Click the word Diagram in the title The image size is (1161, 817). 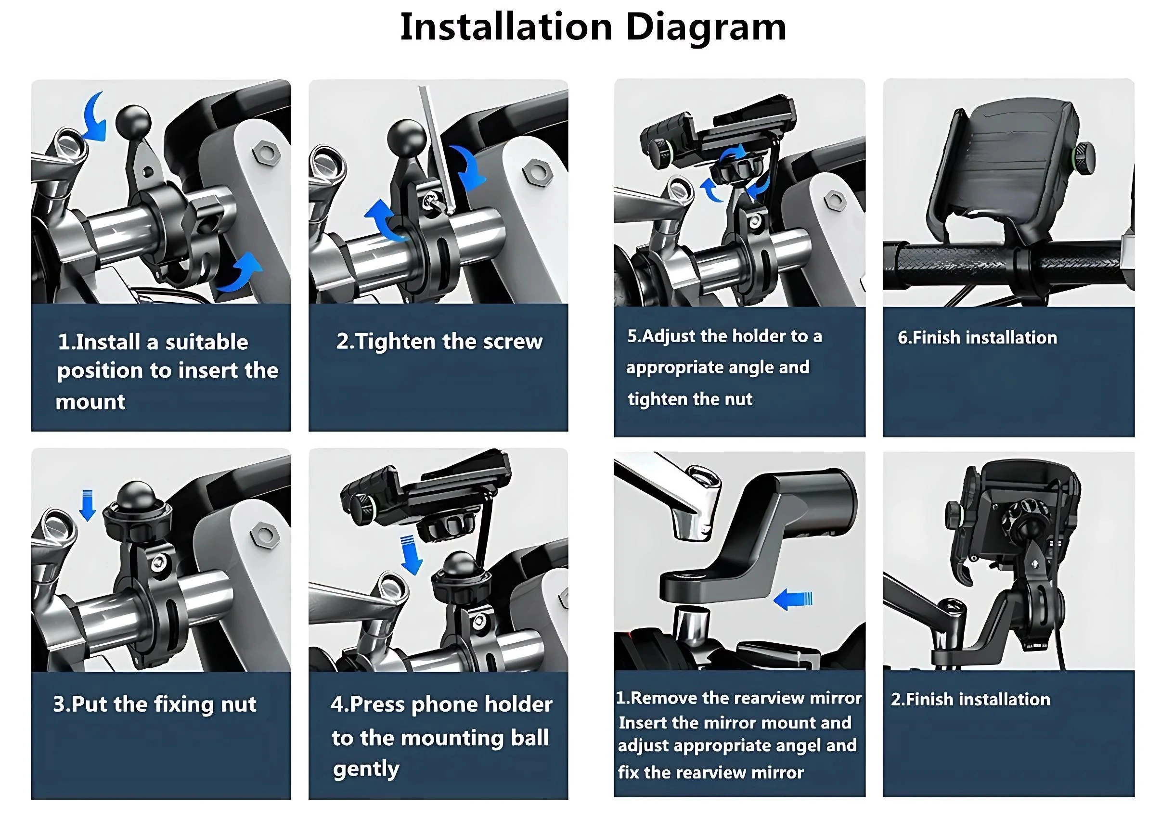[706, 28]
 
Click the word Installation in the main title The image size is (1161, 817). [506, 26]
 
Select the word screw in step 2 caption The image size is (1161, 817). [512, 342]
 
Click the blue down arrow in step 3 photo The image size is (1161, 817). [88, 505]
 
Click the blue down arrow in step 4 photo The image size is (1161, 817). [412, 555]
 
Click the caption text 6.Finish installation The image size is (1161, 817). [977, 338]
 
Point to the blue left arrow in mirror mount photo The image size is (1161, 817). [792, 600]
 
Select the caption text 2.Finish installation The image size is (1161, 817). [970, 700]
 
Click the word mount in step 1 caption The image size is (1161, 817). [90, 402]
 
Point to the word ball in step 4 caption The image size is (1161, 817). [529, 738]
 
